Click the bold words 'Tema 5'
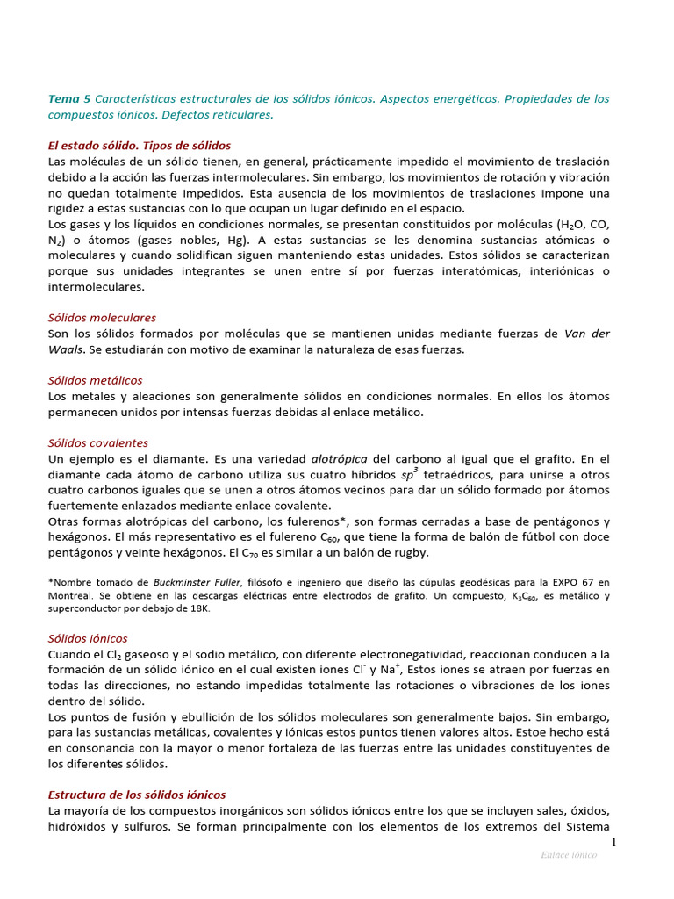click(x=68, y=99)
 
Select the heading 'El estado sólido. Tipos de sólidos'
click(x=140, y=146)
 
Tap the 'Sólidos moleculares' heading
click(x=102, y=318)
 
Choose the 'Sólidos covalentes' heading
click(x=98, y=443)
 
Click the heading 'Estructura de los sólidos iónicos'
click(x=137, y=794)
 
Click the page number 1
click(x=614, y=843)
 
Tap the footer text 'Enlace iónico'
click(x=569, y=855)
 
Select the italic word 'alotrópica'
click(x=339, y=459)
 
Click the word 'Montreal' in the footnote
click(x=69, y=596)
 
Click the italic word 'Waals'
click(x=67, y=349)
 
